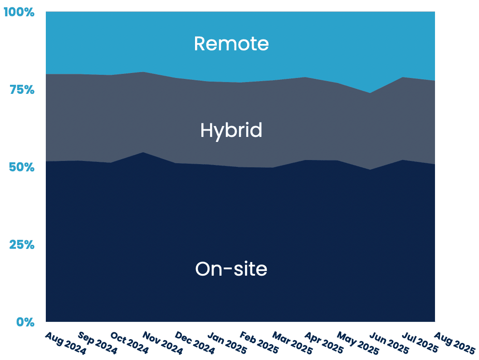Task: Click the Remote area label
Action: (231, 44)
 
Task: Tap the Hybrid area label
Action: (231, 131)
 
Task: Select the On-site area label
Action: (231, 269)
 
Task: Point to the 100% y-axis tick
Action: (19, 12)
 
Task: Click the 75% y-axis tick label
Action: (22, 90)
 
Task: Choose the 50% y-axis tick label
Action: (22, 167)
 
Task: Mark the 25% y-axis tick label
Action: (22, 245)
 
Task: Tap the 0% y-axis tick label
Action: (25, 322)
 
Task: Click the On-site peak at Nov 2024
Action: (143, 152)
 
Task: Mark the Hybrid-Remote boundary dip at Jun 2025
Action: (371, 93)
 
